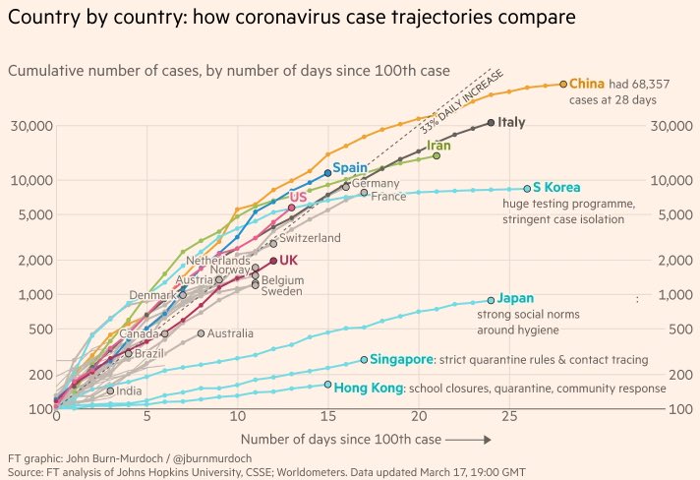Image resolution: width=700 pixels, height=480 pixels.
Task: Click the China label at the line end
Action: point(587,85)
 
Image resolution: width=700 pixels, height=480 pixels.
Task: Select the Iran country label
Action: point(438,146)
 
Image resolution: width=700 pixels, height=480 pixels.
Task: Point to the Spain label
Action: point(350,169)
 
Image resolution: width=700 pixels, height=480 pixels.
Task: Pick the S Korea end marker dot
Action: point(527,188)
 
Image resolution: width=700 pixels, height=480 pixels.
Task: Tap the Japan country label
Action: point(515,298)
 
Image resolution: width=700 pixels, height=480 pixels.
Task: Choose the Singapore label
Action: point(401,360)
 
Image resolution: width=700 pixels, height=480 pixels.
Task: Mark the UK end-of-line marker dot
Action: point(273,261)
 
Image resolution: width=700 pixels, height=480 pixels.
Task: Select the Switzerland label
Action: point(310,238)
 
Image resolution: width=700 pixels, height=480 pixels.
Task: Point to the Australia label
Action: point(230,333)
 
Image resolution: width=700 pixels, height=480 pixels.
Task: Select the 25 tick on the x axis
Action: point(509,418)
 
